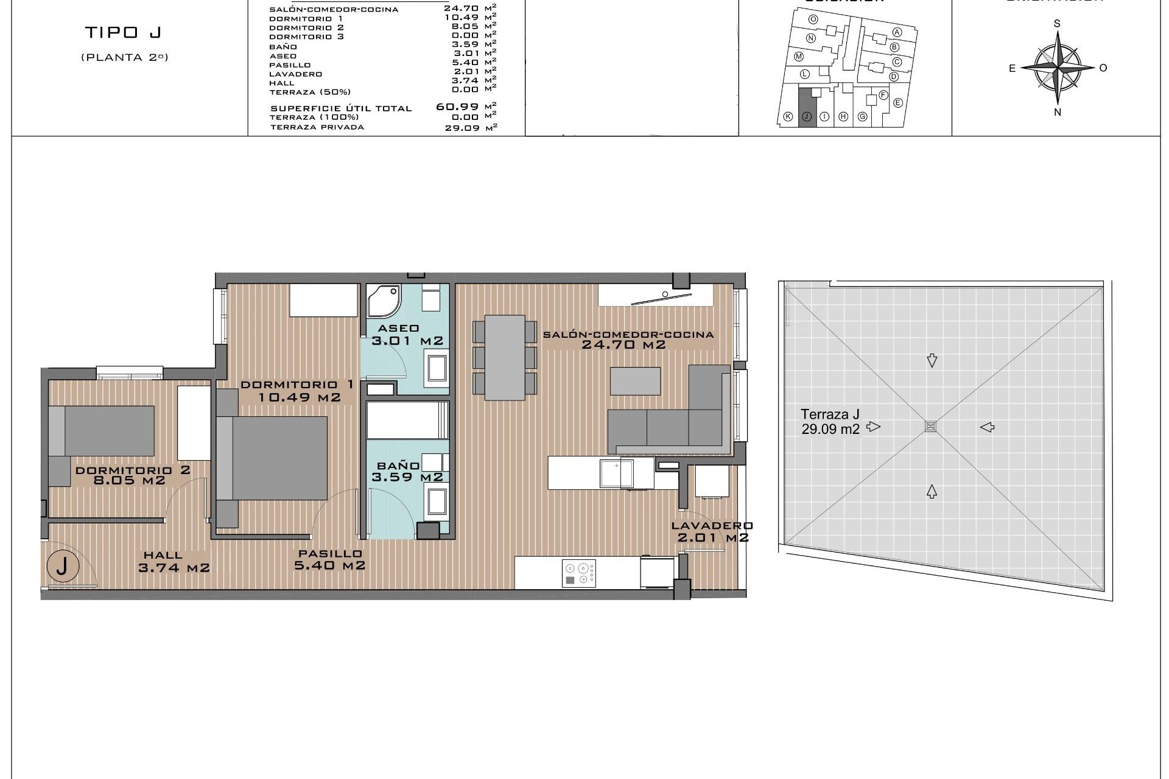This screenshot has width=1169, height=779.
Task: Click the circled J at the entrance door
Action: point(61,567)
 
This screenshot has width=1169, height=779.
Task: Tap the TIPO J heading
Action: point(124,32)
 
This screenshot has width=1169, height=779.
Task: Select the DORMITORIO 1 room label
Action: point(297,385)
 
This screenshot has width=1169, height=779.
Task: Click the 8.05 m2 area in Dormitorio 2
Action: point(129,480)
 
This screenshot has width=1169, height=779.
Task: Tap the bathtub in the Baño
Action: point(407,419)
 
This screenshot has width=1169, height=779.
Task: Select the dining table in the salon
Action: point(505,357)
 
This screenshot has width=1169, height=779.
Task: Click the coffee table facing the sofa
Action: point(635,381)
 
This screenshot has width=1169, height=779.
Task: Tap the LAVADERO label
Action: point(712,526)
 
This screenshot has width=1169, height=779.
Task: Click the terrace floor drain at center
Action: point(930,426)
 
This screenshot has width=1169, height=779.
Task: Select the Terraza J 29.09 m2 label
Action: point(830,421)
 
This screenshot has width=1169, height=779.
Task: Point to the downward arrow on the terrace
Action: point(932,361)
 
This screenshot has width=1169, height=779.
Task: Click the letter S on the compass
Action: point(1057,24)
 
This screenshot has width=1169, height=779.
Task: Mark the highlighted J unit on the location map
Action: point(806,108)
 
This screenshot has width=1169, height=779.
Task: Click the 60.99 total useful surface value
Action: point(457,107)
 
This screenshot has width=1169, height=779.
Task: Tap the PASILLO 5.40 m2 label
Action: point(331,559)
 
